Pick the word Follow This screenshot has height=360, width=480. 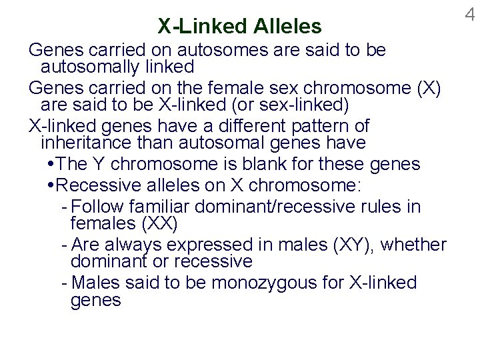tap(98, 206)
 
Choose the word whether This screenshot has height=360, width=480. tap(414, 245)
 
